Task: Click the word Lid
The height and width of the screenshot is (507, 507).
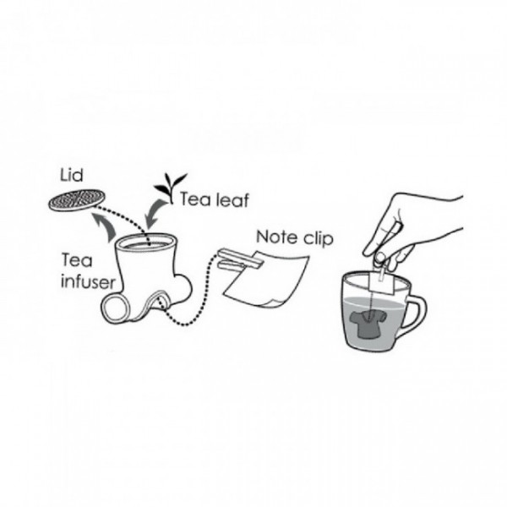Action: [x=72, y=175]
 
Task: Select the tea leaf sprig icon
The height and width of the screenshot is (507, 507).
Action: [x=170, y=188]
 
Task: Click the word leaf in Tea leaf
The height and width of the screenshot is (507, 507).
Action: [x=232, y=199]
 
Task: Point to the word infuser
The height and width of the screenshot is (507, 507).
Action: [x=88, y=282]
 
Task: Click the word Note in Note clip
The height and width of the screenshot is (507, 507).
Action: [x=277, y=237]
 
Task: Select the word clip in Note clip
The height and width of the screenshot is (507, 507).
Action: [x=319, y=238]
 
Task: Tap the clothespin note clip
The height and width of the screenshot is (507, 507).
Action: [x=241, y=259]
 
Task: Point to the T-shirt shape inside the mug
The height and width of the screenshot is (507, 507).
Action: [x=368, y=324]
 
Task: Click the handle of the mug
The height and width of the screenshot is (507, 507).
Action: [x=417, y=312]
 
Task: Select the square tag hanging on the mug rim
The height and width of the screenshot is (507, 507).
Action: [x=382, y=282]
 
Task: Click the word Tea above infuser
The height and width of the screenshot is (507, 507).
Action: [x=77, y=260]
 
